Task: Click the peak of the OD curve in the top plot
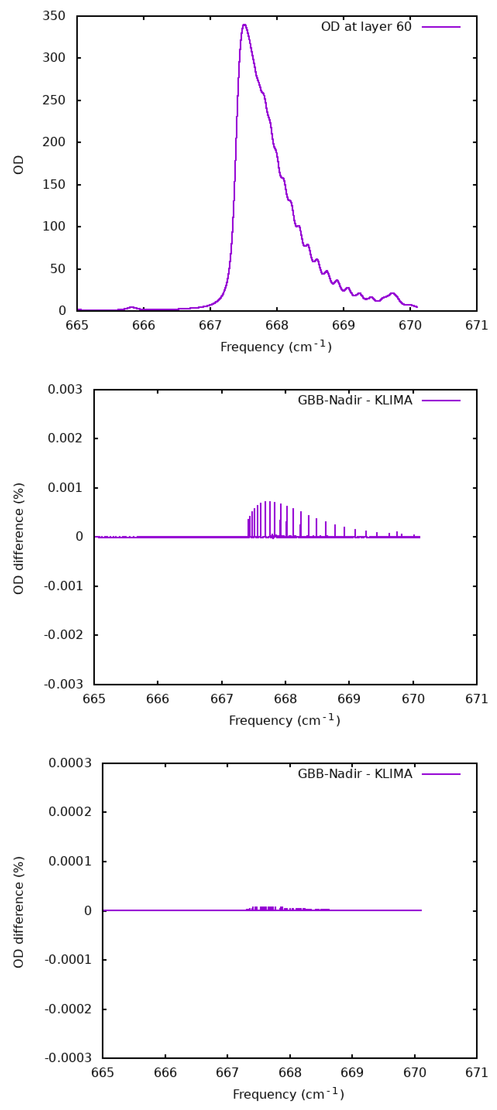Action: coord(244,25)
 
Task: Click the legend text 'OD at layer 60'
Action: coord(366,27)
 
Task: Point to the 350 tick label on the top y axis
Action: coord(54,16)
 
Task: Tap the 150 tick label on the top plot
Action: coord(54,185)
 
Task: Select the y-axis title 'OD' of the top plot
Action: coord(18,165)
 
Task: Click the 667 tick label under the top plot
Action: coord(210,325)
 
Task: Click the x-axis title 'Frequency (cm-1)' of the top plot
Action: coord(276,346)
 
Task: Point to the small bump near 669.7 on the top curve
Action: coord(392,293)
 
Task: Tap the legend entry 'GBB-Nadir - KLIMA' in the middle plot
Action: coord(355,400)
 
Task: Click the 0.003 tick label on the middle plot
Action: coord(65,389)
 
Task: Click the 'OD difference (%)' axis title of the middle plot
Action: coord(18,539)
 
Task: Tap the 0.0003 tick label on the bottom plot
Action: coord(70,763)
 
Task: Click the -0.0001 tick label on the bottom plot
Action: coord(68,959)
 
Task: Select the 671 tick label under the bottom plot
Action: coord(476,1072)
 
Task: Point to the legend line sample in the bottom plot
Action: coord(441,774)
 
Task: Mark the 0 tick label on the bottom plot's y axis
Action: coord(88,911)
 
